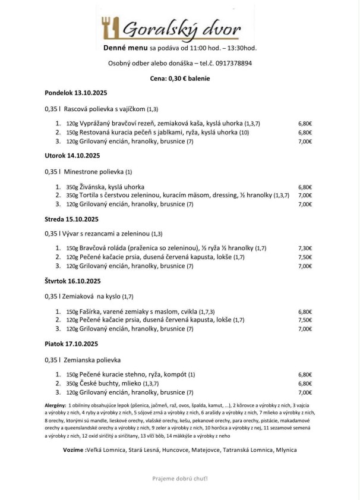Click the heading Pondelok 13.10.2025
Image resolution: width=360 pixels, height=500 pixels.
pyautogui.click(x=74, y=93)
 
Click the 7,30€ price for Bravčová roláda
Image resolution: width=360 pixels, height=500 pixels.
pyautogui.click(x=305, y=248)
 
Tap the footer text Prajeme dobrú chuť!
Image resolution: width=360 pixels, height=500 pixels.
pyautogui.click(x=180, y=478)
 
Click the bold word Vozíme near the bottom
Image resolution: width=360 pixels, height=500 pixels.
pyautogui.click(x=74, y=450)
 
